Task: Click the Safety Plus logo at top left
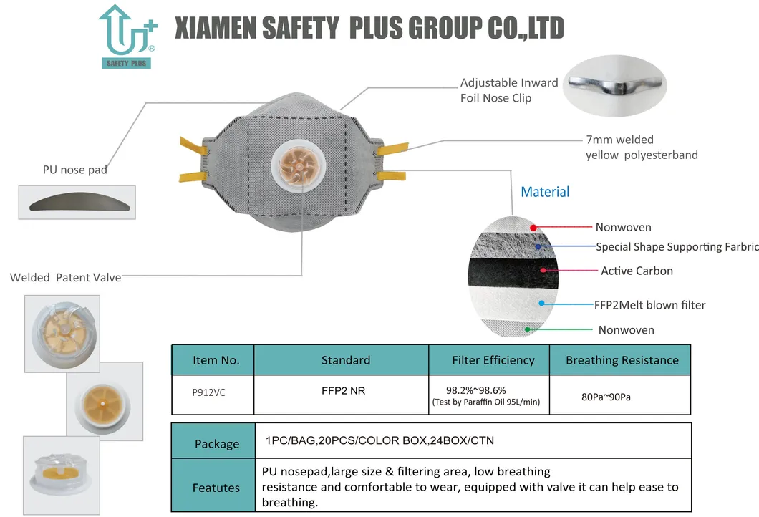click(127, 37)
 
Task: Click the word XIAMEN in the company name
click(216, 28)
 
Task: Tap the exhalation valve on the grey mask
click(298, 166)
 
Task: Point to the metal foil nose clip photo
click(615, 86)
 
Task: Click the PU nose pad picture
click(77, 203)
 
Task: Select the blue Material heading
click(545, 192)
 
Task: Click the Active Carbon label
click(637, 271)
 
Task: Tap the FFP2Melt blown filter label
click(649, 305)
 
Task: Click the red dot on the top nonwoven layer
click(533, 228)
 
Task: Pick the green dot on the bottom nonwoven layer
click(528, 329)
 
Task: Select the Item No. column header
click(216, 360)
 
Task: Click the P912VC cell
click(208, 392)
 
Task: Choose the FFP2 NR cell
click(343, 391)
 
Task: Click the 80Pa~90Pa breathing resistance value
click(606, 397)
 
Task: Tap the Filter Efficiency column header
click(493, 360)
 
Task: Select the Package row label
click(217, 444)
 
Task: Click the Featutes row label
click(216, 488)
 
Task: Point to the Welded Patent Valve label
click(65, 277)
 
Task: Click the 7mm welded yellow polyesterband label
click(642, 148)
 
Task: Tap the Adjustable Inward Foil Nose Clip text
click(509, 90)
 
